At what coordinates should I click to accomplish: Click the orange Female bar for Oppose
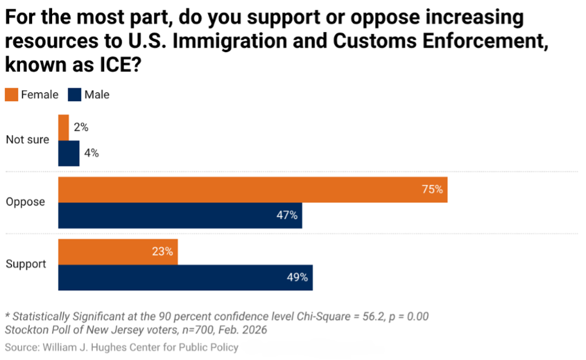(253, 189)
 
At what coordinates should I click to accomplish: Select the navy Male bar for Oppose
(180, 215)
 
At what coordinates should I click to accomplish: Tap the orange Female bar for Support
(118, 252)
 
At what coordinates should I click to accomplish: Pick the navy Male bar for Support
(186, 278)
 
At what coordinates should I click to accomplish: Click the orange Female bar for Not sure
(64, 127)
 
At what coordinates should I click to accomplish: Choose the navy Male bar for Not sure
(69, 153)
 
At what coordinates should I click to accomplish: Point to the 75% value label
(432, 189)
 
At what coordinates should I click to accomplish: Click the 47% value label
(287, 215)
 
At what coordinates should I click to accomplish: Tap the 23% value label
(163, 251)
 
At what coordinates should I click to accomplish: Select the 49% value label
(297, 277)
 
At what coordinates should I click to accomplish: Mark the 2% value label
(81, 127)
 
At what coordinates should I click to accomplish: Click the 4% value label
(92, 153)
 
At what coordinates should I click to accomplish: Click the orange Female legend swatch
(11, 95)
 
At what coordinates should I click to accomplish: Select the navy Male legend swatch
(74, 95)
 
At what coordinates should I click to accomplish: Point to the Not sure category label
(27, 140)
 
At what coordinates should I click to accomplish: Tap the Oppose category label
(25, 202)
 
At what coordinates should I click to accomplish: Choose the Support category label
(26, 264)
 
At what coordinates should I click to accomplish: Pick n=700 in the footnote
(198, 330)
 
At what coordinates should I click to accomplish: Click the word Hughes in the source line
(112, 347)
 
